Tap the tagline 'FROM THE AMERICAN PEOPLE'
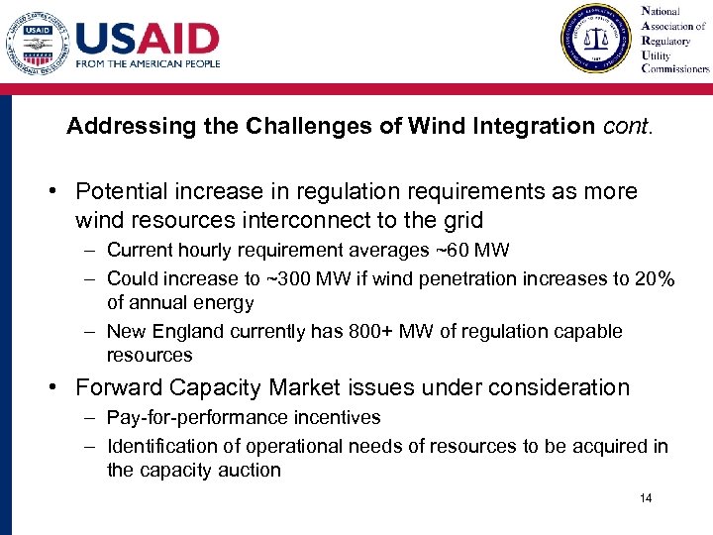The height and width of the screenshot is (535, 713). [x=148, y=64]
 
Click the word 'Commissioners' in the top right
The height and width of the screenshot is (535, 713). [x=675, y=69]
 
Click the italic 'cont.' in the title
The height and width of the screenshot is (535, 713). [x=625, y=127]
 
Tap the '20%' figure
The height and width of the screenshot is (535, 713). [x=655, y=278]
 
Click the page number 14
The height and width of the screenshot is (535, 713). [x=646, y=498]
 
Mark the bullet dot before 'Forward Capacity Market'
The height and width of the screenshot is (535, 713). [x=58, y=387]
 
